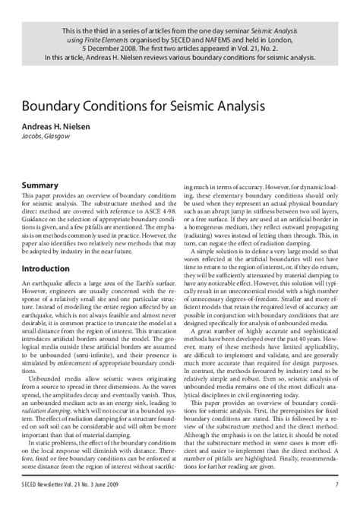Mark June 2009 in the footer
tap(135, 484)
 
